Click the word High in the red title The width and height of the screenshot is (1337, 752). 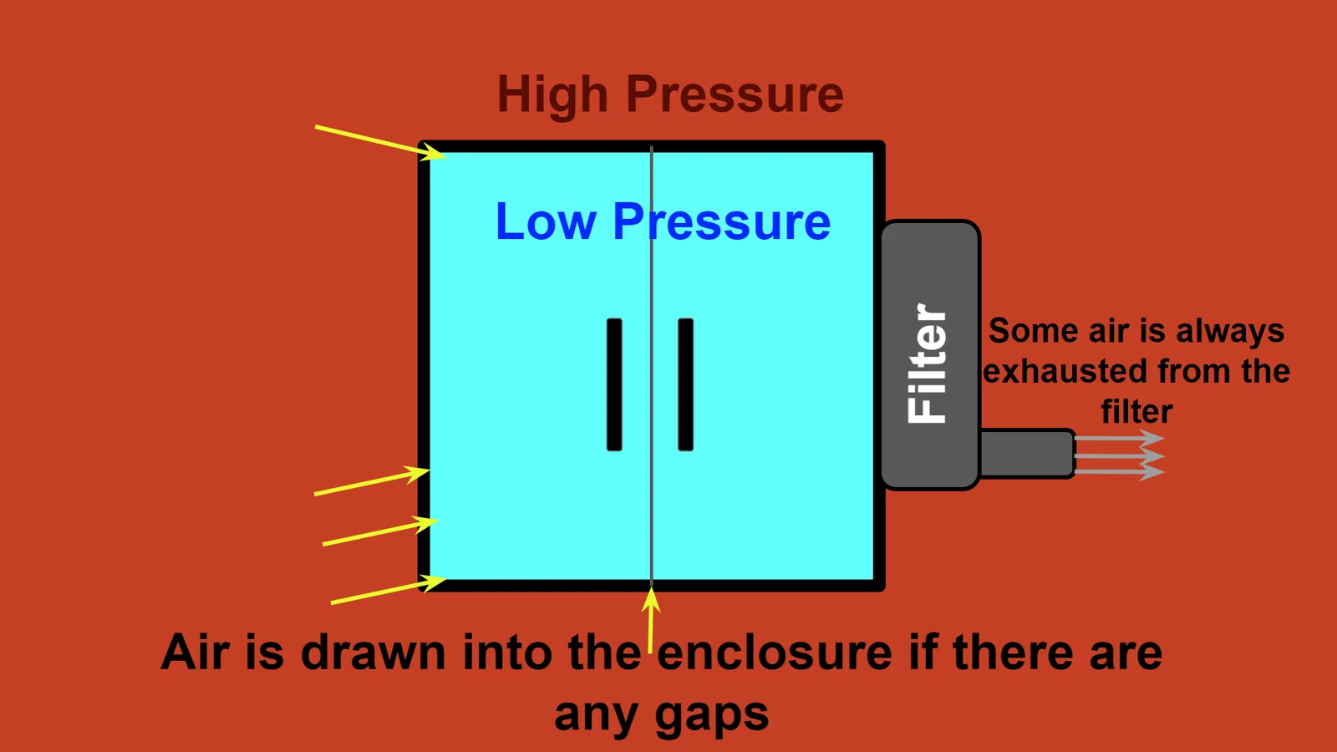552,95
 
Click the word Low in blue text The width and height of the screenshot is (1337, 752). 545,222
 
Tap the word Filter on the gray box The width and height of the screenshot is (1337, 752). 928,363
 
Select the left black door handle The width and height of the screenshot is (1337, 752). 614,384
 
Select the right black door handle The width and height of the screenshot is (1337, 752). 686,384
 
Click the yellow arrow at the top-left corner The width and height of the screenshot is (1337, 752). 380,141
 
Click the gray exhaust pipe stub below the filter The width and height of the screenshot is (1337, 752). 1026,454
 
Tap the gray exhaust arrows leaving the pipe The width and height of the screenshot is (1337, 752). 1120,456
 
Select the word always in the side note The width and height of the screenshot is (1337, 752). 1230,332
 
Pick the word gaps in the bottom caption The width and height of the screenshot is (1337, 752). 711,715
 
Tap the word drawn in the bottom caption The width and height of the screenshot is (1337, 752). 373,653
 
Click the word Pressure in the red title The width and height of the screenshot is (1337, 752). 735,95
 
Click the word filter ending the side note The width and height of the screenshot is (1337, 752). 1136,412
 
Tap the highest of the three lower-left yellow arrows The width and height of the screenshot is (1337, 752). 372,482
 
